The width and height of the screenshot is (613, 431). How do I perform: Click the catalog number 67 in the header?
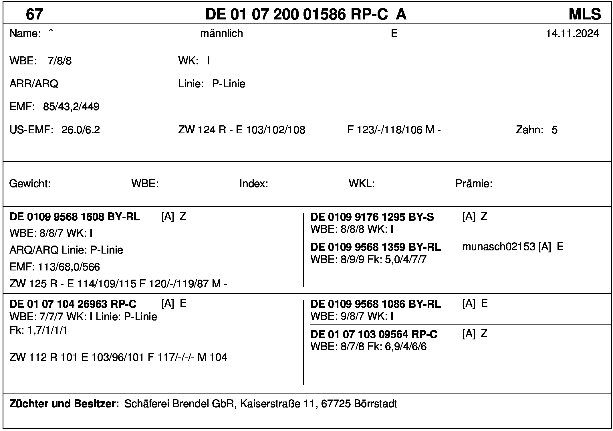[34, 14]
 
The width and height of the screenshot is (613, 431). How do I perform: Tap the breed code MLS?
[585, 14]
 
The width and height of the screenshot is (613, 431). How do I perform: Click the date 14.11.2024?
[572, 33]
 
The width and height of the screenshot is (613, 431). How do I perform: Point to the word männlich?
[221, 33]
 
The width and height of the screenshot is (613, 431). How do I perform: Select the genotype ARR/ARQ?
[34, 84]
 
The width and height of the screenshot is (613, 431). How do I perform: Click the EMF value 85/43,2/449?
[71, 107]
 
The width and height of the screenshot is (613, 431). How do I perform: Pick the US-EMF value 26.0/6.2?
[81, 130]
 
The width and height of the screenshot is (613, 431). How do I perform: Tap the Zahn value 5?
[554, 130]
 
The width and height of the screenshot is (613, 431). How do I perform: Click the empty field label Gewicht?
[30, 183]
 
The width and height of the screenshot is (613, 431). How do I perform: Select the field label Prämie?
[474, 183]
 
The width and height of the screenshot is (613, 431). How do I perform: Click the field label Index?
[253, 183]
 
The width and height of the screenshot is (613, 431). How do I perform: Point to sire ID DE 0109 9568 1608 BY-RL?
[75, 217]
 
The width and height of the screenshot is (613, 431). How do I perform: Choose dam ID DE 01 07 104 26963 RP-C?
[73, 304]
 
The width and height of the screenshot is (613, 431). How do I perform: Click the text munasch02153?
[498, 246]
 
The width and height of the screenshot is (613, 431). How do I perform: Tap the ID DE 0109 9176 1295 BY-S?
[372, 217]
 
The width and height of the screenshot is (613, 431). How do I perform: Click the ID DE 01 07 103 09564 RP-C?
[374, 334]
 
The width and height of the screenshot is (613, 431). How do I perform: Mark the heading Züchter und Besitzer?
[64, 404]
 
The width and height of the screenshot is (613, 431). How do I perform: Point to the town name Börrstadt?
[375, 404]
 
